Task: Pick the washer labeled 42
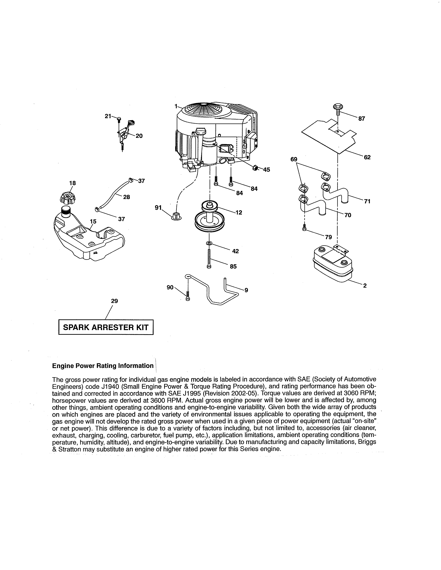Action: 209,243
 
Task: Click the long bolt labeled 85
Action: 209,258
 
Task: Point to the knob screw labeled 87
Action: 338,108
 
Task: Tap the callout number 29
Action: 114,301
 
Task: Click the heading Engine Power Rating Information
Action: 103,366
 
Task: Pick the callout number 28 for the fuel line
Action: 126,197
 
